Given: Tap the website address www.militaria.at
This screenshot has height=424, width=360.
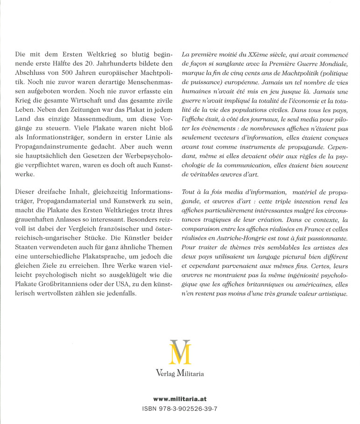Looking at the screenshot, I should tap(180, 398).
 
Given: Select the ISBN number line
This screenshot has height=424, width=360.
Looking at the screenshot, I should tap(180, 408).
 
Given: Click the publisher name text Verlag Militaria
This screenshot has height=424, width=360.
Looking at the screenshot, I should tap(180, 374).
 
